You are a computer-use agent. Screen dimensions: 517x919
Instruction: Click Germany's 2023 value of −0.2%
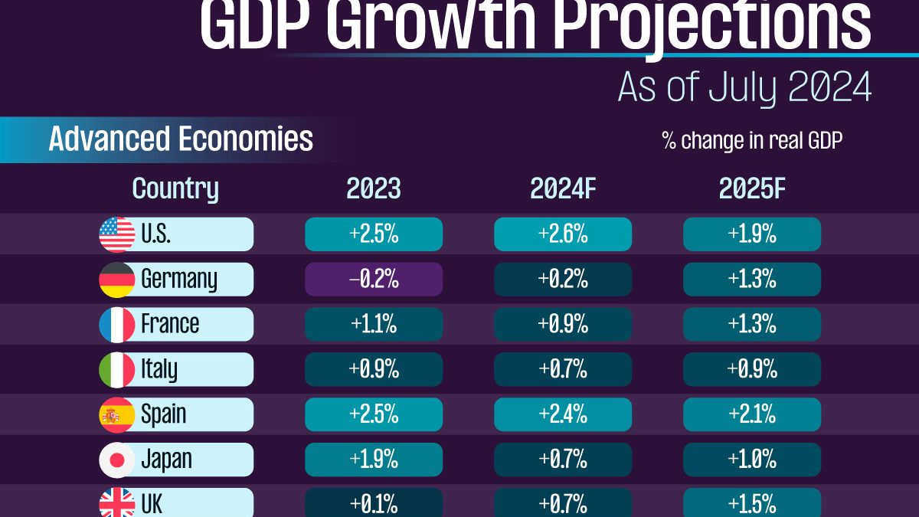(374, 280)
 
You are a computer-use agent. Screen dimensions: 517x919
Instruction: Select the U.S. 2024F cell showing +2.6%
(563, 234)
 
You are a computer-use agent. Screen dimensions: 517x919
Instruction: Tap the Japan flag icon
(117, 460)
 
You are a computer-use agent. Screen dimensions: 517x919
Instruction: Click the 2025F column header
(752, 189)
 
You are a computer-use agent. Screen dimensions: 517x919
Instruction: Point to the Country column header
(175, 189)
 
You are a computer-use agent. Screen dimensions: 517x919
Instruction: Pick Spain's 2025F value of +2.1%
(752, 414)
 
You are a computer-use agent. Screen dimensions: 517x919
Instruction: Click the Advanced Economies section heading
(181, 139)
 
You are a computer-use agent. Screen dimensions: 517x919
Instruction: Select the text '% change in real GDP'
(752, 141)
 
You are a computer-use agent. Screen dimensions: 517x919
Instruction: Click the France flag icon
(117, 325)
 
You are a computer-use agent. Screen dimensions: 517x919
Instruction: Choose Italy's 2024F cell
(563, 369)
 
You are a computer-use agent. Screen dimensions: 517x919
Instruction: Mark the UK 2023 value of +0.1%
(374, 504)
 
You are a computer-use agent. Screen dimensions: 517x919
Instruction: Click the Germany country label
(179, 280)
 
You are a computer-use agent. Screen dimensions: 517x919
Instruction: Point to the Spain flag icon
(117, 415)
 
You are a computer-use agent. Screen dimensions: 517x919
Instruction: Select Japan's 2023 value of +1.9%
(374, 460)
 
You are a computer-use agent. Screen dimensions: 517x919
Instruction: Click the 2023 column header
(374, 189)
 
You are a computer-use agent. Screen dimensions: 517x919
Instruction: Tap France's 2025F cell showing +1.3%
(752, 325)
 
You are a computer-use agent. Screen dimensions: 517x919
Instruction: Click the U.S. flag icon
(117, 234)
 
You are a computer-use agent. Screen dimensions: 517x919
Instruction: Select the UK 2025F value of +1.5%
(752, 504)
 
